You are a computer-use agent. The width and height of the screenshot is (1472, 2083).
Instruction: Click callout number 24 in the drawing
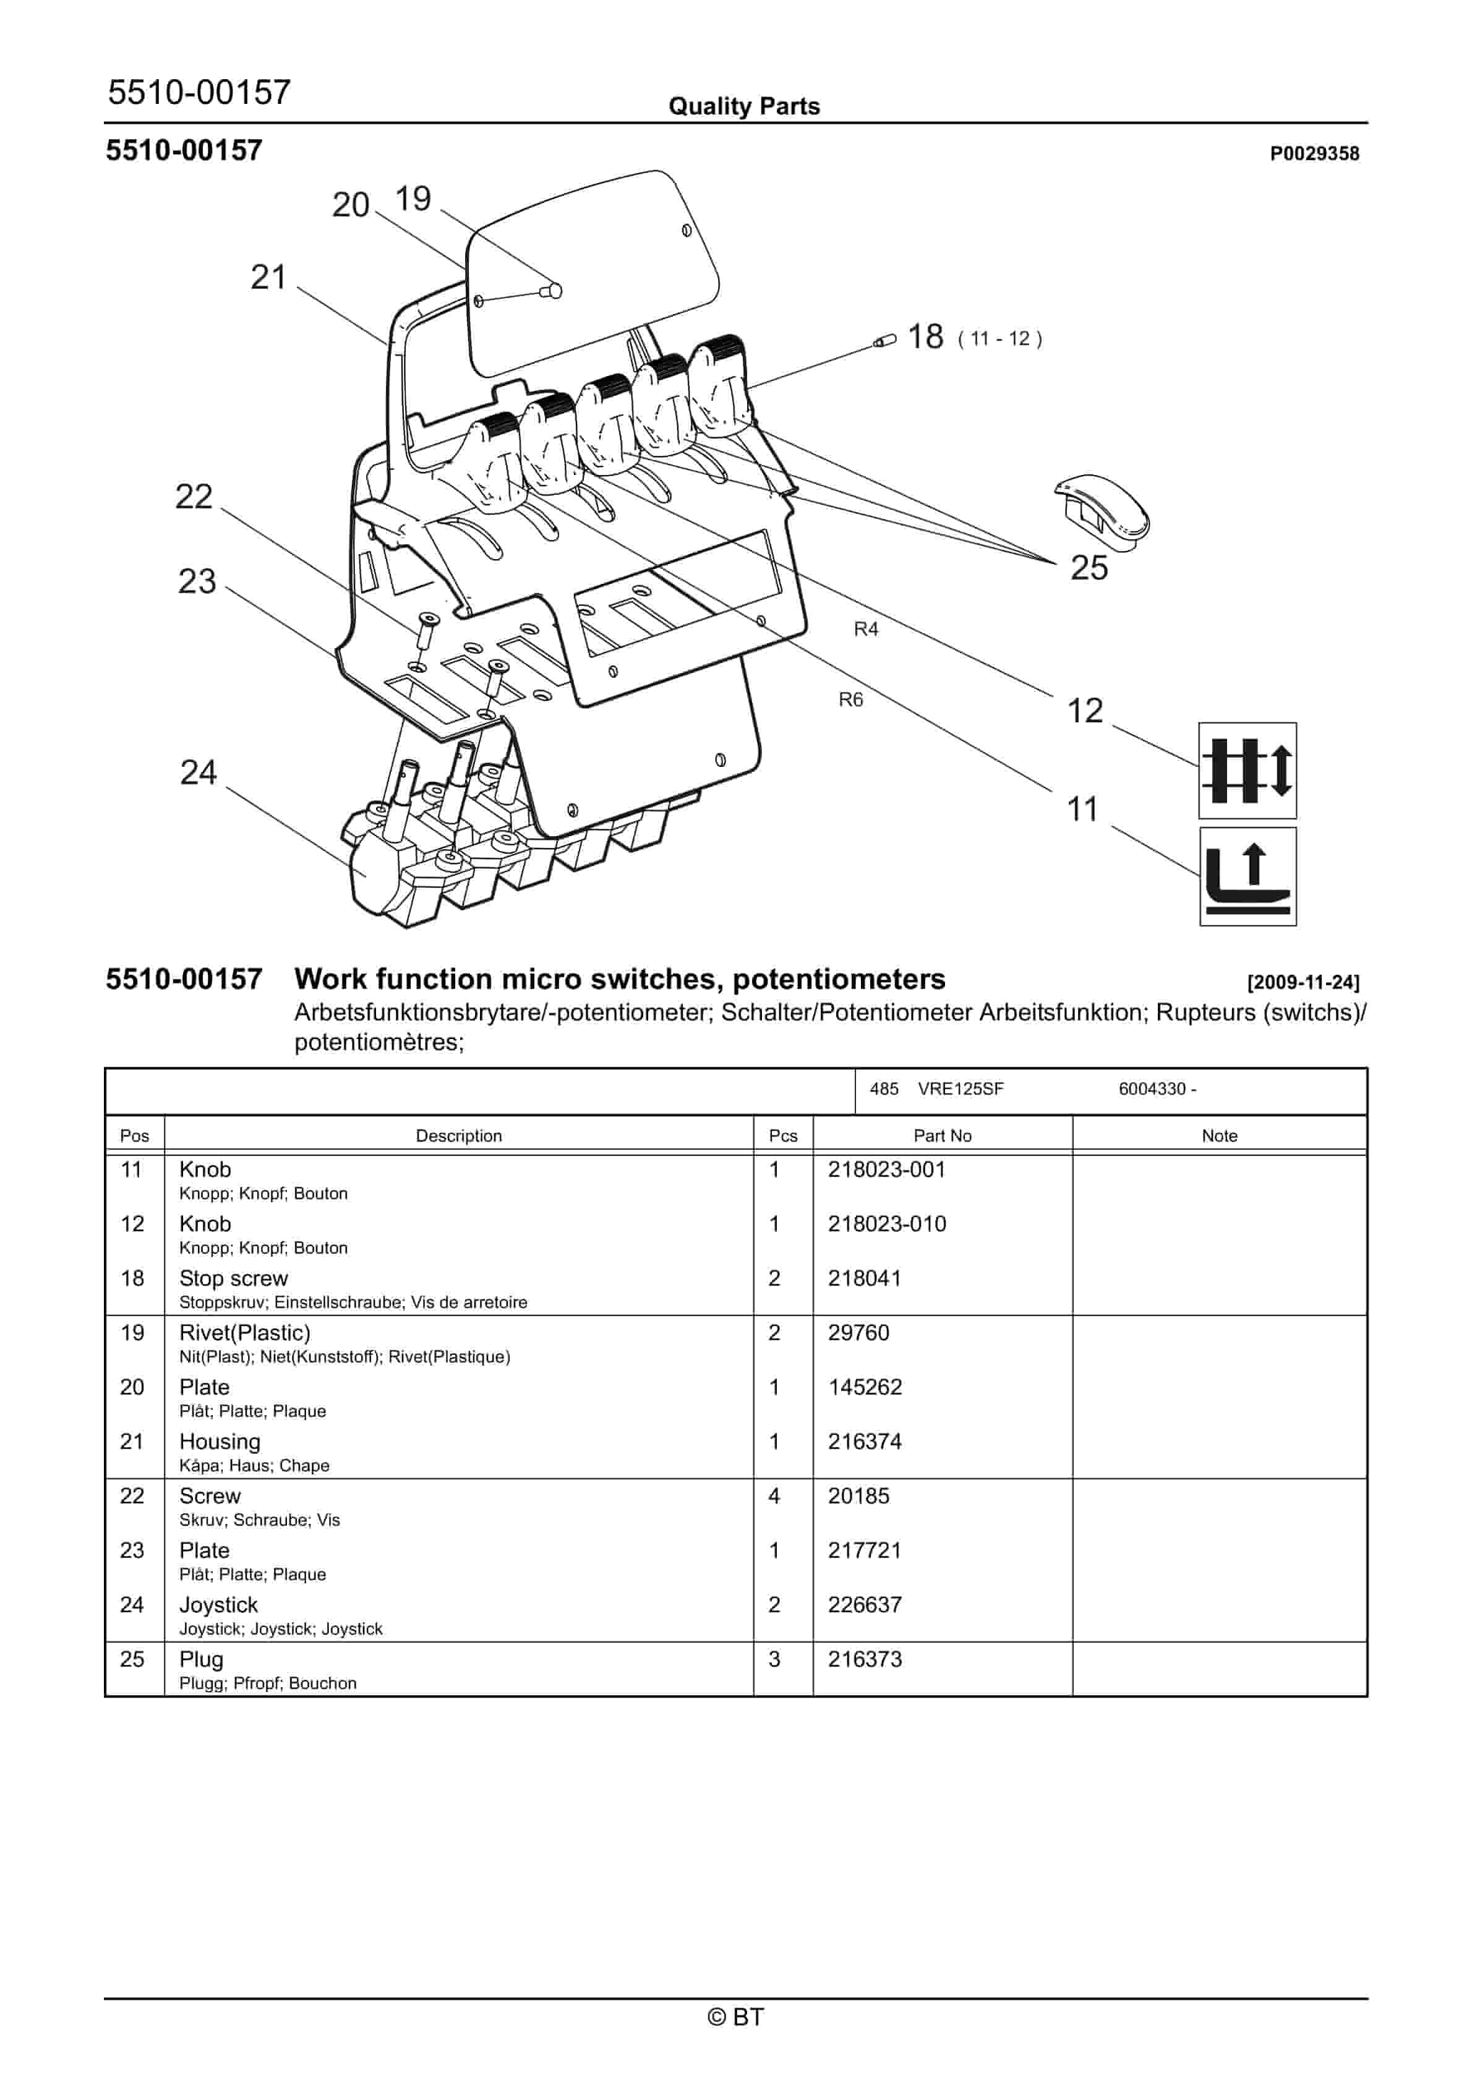pos(198,773)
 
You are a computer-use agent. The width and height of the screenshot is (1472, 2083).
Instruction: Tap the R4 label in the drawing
pos(866,630)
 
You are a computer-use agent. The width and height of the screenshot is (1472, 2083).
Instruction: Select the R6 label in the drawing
pos(850,699)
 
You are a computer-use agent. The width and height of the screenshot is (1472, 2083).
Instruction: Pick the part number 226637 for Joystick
pos(864,1605)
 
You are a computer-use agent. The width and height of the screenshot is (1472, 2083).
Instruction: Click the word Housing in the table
pos(220,1442)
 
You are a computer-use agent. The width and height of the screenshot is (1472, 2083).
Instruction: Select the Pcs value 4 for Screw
pos(774,1496)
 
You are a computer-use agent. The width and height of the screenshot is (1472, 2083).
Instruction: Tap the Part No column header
pos(942,1136)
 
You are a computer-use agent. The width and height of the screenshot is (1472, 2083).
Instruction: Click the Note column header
pos(1219,1136)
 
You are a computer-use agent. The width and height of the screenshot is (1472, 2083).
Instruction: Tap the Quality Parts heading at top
pos(743,107)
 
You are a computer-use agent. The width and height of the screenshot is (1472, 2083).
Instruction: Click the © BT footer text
pos(735,2017)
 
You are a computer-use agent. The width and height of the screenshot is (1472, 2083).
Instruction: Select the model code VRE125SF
pos(960,1089)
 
